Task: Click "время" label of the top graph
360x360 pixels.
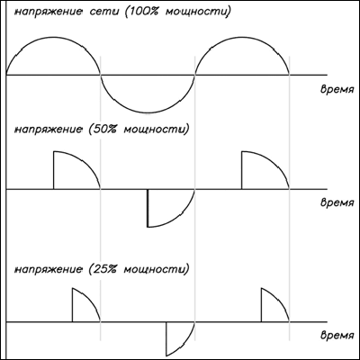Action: [337, 90]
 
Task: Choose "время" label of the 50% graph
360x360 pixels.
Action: [337, 202]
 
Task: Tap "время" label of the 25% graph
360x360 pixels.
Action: [337, 335]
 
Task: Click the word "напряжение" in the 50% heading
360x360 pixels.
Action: [49, 130]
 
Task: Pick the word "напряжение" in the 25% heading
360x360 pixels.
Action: [49, 269]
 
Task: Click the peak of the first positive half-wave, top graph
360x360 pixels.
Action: [53, 37]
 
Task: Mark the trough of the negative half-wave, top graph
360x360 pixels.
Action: [148, 112]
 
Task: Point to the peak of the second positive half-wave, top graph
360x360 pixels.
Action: [242, 37]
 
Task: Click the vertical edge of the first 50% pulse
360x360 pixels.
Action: [53, 170]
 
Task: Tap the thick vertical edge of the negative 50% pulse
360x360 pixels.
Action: [148, 208]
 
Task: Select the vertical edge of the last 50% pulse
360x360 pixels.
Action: [242, 170]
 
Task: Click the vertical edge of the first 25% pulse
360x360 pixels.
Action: [72, 305]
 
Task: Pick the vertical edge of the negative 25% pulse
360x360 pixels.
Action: [166, 338]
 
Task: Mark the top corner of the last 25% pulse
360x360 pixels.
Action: [261, 288]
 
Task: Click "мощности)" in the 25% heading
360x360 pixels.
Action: [157, 268]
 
